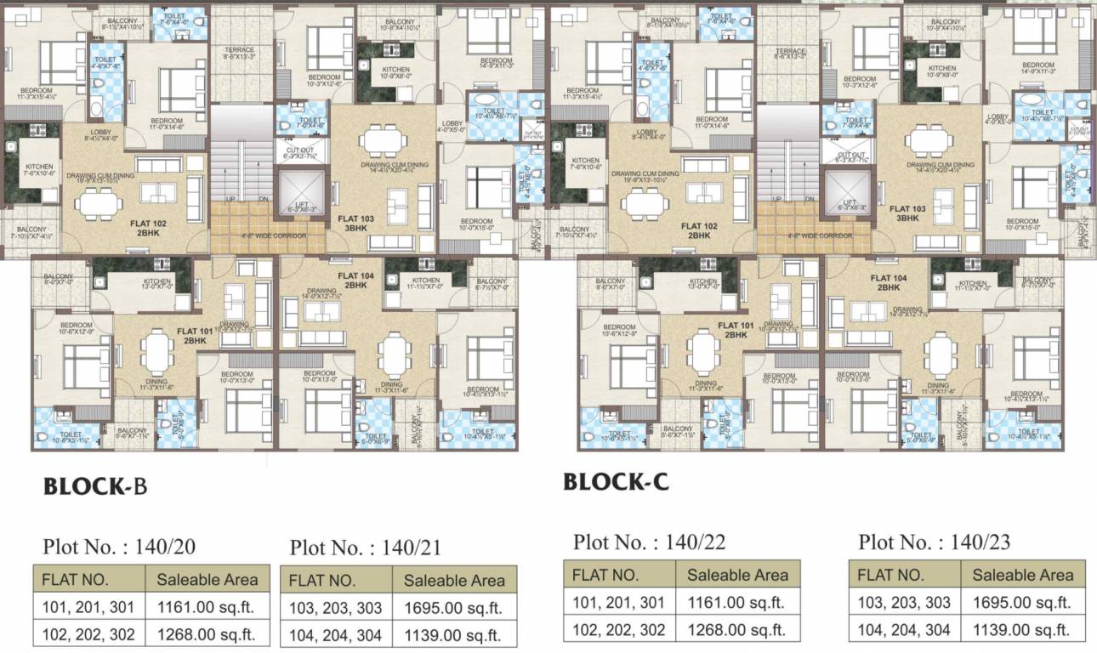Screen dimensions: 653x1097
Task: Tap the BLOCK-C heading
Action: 616,482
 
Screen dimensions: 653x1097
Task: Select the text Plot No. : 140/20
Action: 119,547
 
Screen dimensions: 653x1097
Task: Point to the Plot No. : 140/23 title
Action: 935,542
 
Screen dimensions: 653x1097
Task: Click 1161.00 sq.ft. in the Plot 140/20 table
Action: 206,607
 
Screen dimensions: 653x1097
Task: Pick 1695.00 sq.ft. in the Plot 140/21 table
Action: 453,608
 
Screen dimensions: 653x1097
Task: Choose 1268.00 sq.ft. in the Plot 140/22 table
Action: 736,629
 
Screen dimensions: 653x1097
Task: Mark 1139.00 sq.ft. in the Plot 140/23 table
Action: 1022,629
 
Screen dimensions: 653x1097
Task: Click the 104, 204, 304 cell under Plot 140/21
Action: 336,634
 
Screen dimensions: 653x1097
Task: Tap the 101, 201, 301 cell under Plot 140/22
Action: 617,602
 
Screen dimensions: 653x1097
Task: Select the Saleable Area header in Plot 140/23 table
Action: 1022,575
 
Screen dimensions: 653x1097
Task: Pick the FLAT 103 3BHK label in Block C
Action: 907,213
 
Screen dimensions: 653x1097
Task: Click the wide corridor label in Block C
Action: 817,236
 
